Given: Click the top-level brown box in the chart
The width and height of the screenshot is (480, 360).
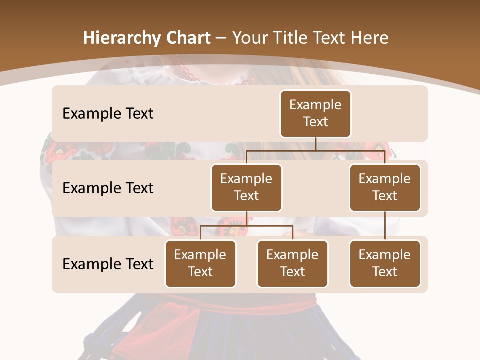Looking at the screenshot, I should point(315,114).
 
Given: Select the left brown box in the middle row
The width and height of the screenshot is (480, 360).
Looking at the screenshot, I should point(246,187).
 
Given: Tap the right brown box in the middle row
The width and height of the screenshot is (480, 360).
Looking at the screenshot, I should point(385,187).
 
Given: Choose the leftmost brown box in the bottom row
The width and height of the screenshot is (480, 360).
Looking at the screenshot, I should point(200,263).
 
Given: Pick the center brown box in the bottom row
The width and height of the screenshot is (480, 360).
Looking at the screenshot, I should point(292,263).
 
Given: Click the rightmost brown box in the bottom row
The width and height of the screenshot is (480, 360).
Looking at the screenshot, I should point(385,263).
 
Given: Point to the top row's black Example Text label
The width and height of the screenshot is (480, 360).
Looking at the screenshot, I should point(108,114).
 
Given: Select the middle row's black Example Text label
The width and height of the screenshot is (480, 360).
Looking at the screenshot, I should point(108,188).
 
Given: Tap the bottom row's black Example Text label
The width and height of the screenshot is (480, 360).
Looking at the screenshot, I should point(108,264).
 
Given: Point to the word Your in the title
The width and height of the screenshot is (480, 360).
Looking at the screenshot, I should point(248,38).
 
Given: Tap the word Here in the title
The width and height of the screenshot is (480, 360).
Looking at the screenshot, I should point(368,38).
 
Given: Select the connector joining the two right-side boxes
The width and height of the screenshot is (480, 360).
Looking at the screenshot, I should point(385,226).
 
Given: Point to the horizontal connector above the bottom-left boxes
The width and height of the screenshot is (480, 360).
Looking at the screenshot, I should point(246,226).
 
